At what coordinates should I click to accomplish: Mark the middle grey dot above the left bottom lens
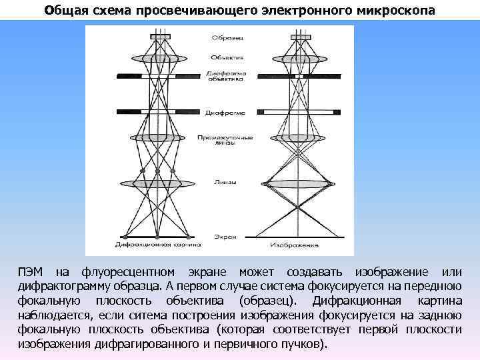(158, 171)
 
